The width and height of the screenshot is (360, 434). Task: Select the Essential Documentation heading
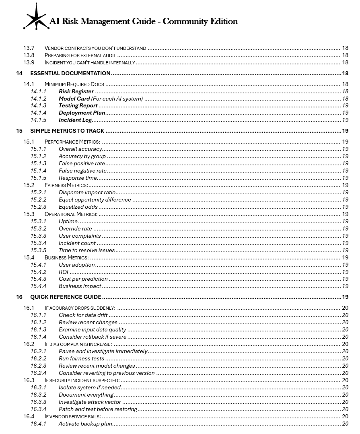70,73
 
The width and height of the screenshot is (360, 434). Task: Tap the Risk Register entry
76,91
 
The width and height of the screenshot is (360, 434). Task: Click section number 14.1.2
38,99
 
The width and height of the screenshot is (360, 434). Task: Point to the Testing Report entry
78,106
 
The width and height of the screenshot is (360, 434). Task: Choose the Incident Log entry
75,120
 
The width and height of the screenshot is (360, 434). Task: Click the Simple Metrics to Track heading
67,131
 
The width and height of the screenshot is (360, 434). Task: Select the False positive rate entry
82,164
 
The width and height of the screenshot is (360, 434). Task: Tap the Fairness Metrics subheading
66,185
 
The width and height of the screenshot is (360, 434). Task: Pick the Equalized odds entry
78,207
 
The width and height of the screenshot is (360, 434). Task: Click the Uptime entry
68,222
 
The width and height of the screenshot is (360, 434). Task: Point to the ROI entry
64,272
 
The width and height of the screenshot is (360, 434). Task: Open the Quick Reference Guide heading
66,297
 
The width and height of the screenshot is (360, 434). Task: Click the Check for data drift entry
83,315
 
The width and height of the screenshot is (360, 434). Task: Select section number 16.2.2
38,359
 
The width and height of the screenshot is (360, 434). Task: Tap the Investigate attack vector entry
90,402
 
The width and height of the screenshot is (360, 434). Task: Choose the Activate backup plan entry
85,424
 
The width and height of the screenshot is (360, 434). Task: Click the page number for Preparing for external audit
345,56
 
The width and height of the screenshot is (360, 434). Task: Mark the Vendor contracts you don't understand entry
95,48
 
